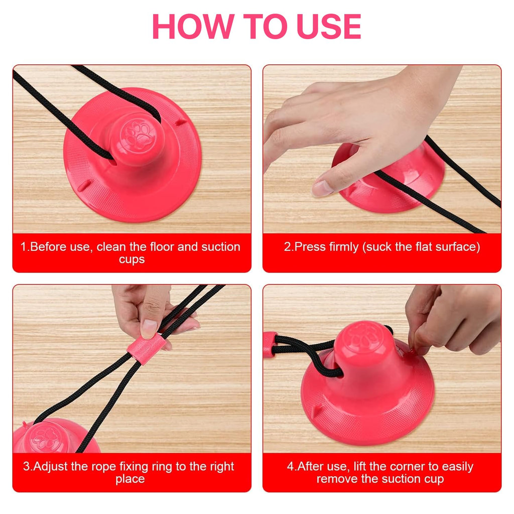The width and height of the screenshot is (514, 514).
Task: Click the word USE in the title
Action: [x=329, y=27]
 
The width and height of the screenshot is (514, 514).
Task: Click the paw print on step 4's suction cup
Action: [x=363, y=338]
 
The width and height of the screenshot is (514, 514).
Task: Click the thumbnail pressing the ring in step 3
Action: [x=149, y=329]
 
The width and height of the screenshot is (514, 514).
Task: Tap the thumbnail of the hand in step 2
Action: [x=322, y=188]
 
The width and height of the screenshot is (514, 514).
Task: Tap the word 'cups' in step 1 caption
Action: [x=132, y=260]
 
